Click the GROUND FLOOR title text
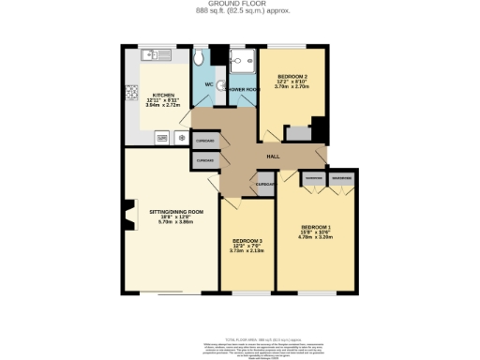(240, 4)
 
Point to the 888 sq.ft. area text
(240, 10)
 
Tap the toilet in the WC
(200, 58)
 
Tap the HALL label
(274, 155)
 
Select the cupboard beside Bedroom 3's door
(265, 185)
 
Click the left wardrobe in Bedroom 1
(313, 178)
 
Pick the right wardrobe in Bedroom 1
(342, 178)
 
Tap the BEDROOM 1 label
(317, 230)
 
